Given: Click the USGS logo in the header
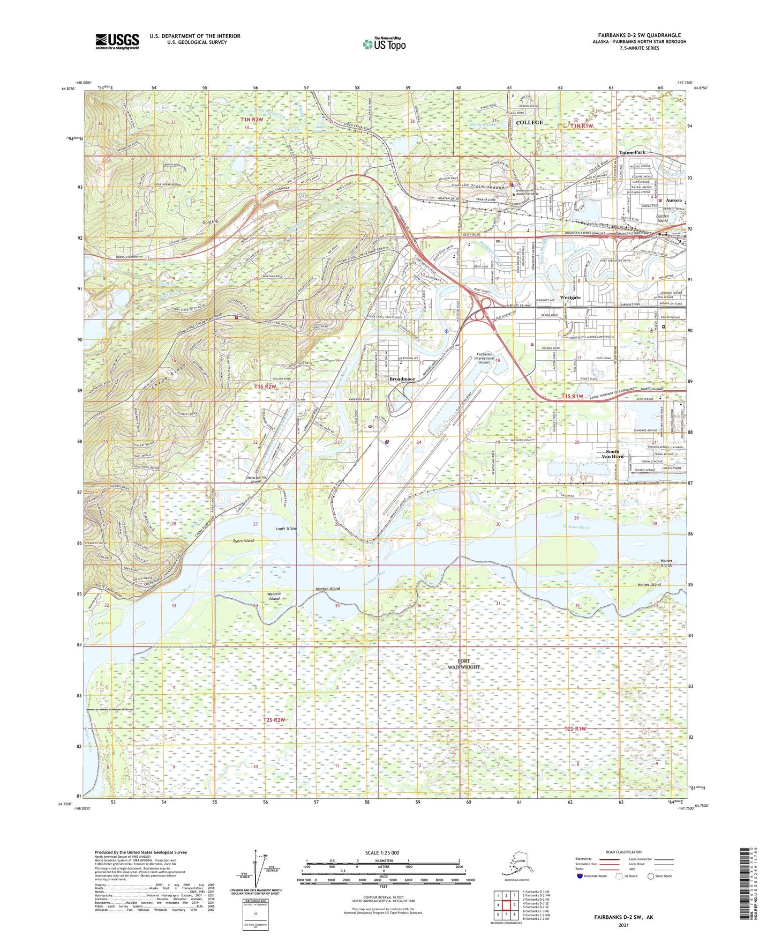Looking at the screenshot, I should (x=117, y=41).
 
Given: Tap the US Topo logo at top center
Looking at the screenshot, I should (x=384, y=43).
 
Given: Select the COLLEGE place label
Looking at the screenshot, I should (x=529, y=123).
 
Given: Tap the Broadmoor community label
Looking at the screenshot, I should (x=402, y=379).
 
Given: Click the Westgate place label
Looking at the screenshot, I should (x=570, y=298).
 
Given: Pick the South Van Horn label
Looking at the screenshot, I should (x=612, y=454).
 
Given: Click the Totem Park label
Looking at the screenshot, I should (x=632, y=153).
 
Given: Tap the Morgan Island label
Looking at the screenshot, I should (x=326, y=589).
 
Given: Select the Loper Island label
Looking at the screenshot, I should (x=286, y=529).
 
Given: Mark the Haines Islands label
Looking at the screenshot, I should (x=666, y=563).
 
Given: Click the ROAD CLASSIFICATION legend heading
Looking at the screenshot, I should (x=623, y=852).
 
